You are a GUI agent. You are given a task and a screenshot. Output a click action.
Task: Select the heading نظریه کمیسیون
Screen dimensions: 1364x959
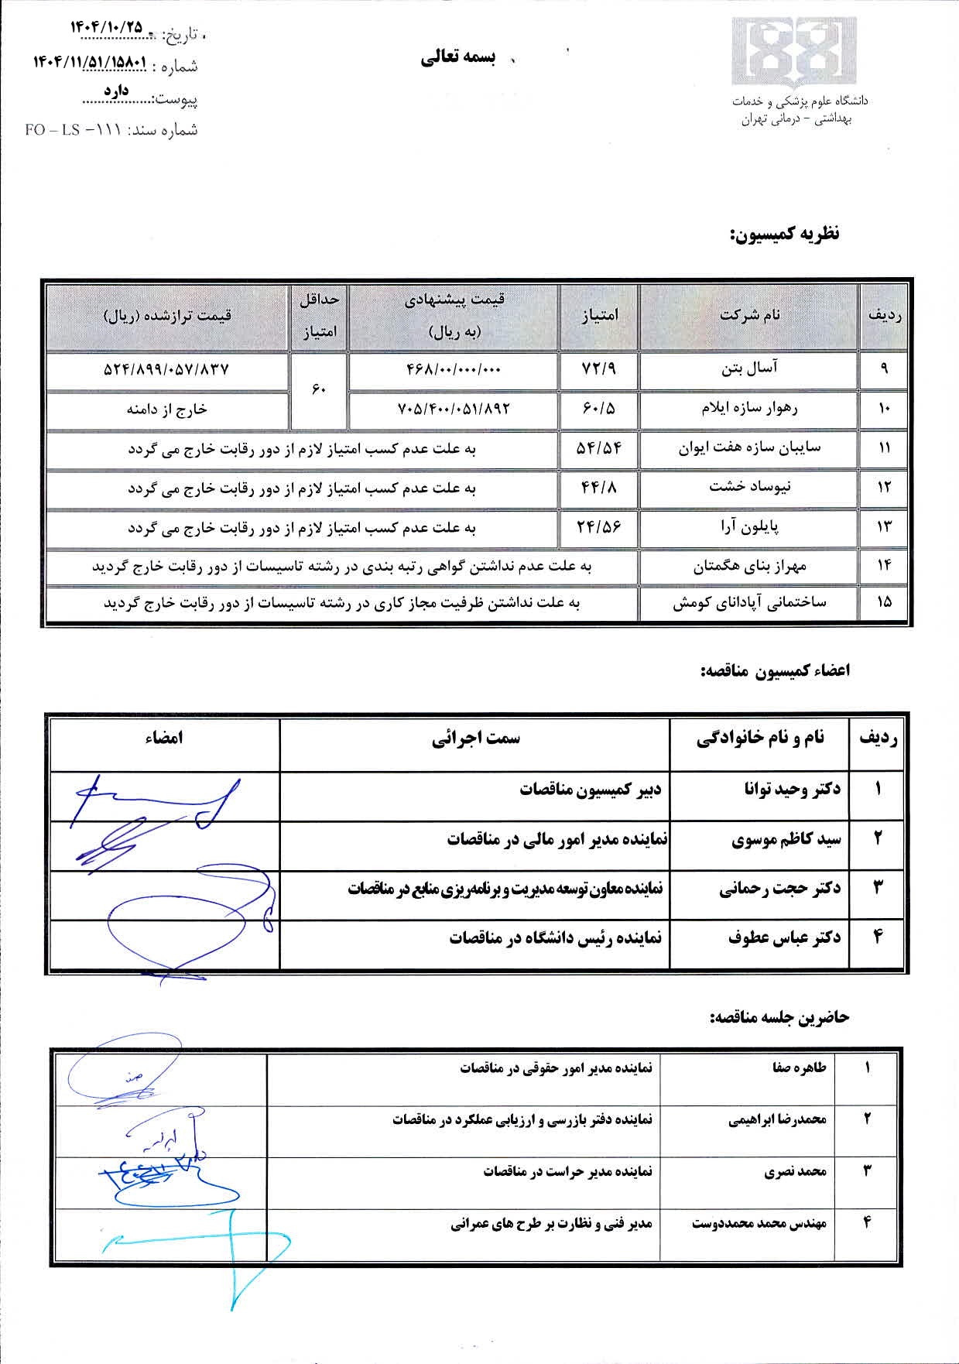pyautogui.click(x=784, y=234)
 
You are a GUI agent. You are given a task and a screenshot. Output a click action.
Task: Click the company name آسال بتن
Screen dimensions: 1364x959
pyautogui.click(x=749, y=369)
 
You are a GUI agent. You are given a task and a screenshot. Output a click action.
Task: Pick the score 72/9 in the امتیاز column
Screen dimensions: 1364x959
pyautogui.click(x=598, y=369)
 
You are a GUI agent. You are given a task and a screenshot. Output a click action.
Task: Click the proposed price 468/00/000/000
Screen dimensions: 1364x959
pyautogui.click(x=454, y=370)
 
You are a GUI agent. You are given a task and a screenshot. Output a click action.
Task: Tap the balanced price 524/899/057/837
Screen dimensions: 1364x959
pyautogui.click(x=166, y=370)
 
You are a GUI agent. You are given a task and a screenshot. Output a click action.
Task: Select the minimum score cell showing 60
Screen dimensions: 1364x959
pyautogui.click(x=319, y=390)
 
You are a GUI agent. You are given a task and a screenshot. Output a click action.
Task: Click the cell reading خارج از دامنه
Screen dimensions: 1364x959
pyautogui.click(x=166, y=410)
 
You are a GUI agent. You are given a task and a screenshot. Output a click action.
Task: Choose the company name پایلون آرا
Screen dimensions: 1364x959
pyautogui.click(x=749, y=527)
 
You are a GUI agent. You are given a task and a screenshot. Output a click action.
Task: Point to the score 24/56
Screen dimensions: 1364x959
pyautogui.click(x=598, y=527)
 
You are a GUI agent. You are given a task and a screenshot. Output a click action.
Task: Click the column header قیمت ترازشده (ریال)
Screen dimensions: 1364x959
pyautogui.click(x=166, y=315)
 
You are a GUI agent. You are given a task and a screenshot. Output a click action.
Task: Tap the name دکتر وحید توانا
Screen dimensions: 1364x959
pyautogui.click(x=792, y=789)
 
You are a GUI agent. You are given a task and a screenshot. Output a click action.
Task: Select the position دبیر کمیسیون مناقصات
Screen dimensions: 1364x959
pyautogui.click(x=590, y=789)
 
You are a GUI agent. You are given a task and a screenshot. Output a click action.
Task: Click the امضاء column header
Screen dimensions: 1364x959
pyautogui.click(x=163, y=738)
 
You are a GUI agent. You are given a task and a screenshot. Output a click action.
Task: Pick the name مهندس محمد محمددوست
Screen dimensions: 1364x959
pyautogui.click(x=759, y=1223)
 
